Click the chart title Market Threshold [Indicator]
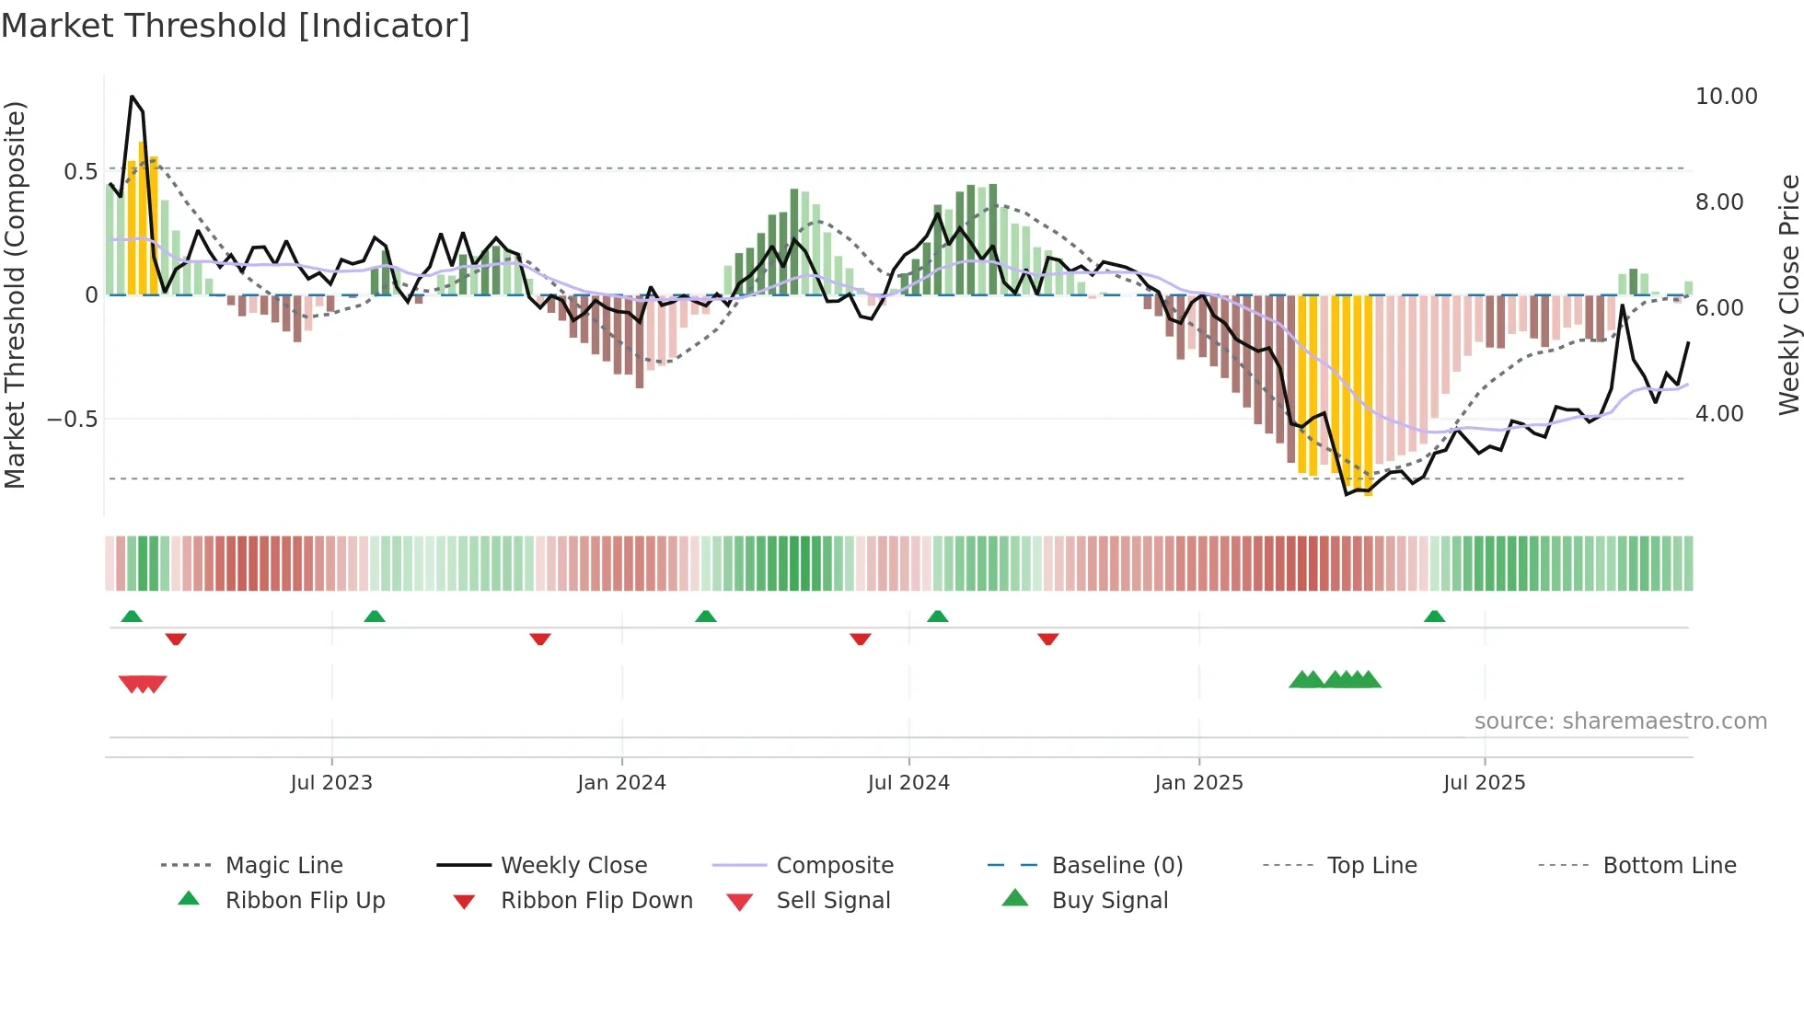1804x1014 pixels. point(236,26)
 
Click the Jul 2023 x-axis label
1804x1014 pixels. point(331,782)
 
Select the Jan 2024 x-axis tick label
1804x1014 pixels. point(621,782)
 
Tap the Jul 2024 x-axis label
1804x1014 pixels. point(908,782)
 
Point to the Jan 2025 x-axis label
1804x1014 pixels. point(1198,782)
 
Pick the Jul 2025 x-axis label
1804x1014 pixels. point(1484,782)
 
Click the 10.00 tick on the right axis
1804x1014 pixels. point(1726,97)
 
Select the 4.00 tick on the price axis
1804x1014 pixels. point(1719,414)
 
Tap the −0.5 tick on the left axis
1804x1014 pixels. point(72,420)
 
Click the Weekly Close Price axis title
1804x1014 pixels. point(1788,294)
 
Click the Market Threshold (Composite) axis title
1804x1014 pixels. point(15,294)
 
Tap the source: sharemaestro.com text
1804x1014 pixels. point(1620,721)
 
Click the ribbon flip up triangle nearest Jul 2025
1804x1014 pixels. point(1434,616)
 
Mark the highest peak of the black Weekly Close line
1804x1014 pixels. point(132,97)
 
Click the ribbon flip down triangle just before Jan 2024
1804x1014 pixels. point(540,639)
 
